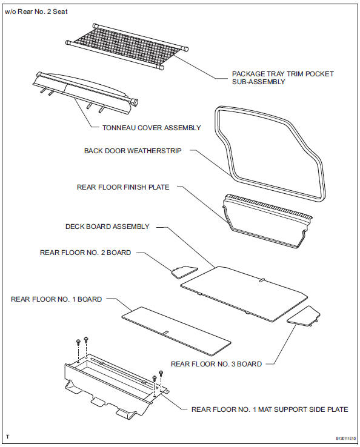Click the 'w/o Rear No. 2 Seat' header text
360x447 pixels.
35,12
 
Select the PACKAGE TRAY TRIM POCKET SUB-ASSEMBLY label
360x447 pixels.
282,78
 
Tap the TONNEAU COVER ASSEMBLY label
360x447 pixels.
147,128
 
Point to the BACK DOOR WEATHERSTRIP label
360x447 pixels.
133,151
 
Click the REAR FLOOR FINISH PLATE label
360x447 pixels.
123,187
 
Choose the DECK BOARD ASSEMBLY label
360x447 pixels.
107,227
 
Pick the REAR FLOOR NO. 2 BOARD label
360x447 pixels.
85,253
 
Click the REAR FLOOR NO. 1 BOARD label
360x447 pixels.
56,299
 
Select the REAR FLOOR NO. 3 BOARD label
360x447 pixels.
216,364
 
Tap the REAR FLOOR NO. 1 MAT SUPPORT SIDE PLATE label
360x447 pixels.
270,409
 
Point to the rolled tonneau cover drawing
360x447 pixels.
85,91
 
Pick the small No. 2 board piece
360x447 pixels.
184,271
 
